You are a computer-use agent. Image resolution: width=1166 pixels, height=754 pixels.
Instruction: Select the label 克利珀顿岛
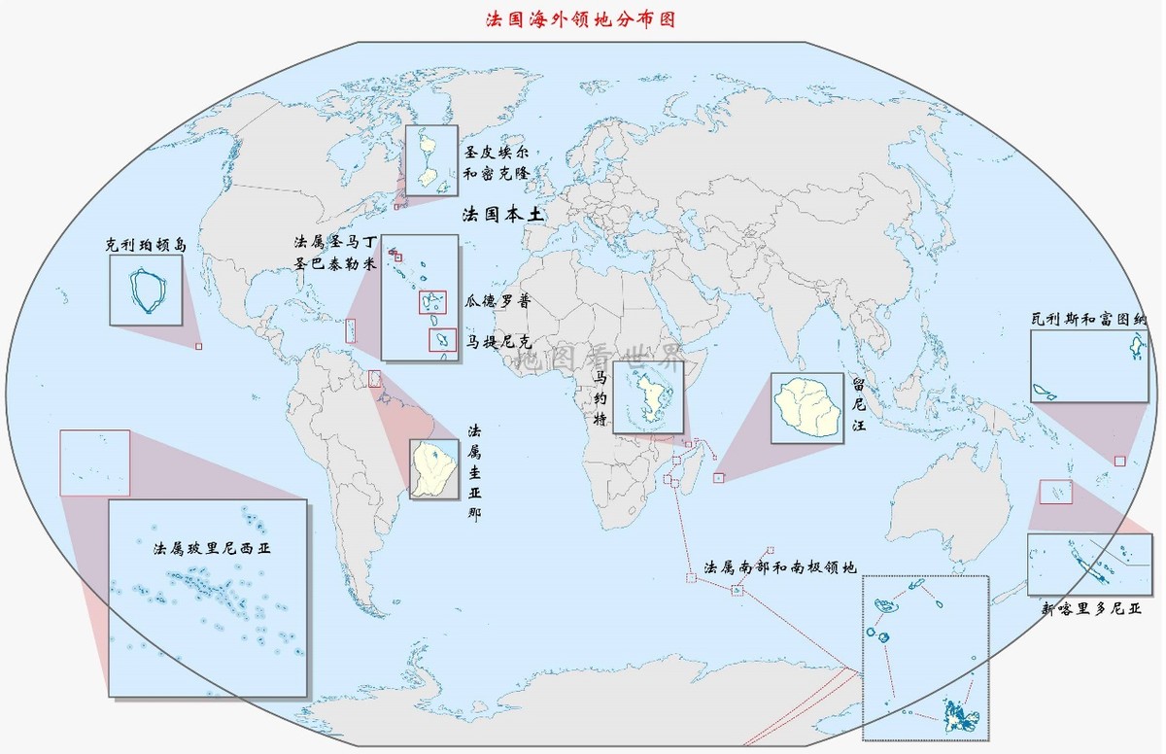click(x=146, y=247)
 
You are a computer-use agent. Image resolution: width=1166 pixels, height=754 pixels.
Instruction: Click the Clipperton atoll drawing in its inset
click(x=149, y=291)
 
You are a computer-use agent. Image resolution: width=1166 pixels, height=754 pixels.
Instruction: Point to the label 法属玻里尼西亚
click(x=213, y=549)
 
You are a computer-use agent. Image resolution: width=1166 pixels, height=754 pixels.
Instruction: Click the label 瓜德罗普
click(x=497, y=301)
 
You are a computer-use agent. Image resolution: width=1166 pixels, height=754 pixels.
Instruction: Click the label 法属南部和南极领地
click(x=780, y=566)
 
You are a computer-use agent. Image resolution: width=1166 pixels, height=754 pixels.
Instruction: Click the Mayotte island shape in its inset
click(x=646, y=398)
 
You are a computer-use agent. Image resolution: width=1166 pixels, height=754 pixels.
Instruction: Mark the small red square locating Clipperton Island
click(x=199, y=346)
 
